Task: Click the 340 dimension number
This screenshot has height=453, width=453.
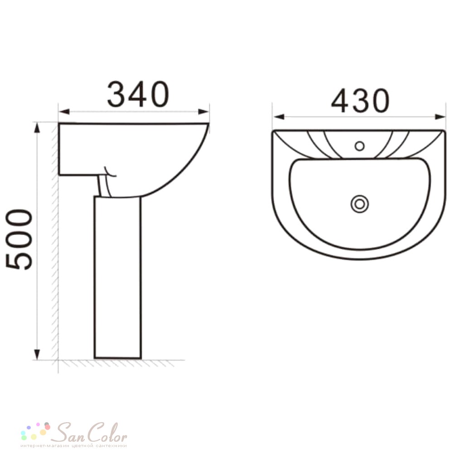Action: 138,94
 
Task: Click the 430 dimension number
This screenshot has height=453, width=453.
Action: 360,101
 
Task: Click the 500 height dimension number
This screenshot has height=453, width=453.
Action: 19,239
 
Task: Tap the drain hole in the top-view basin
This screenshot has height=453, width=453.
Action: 360,204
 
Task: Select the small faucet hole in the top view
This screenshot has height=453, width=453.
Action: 359,146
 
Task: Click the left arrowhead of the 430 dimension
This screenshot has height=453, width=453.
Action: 279,117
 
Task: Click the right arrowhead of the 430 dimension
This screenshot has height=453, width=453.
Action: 440,117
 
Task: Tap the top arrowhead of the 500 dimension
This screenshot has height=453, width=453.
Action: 37,128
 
